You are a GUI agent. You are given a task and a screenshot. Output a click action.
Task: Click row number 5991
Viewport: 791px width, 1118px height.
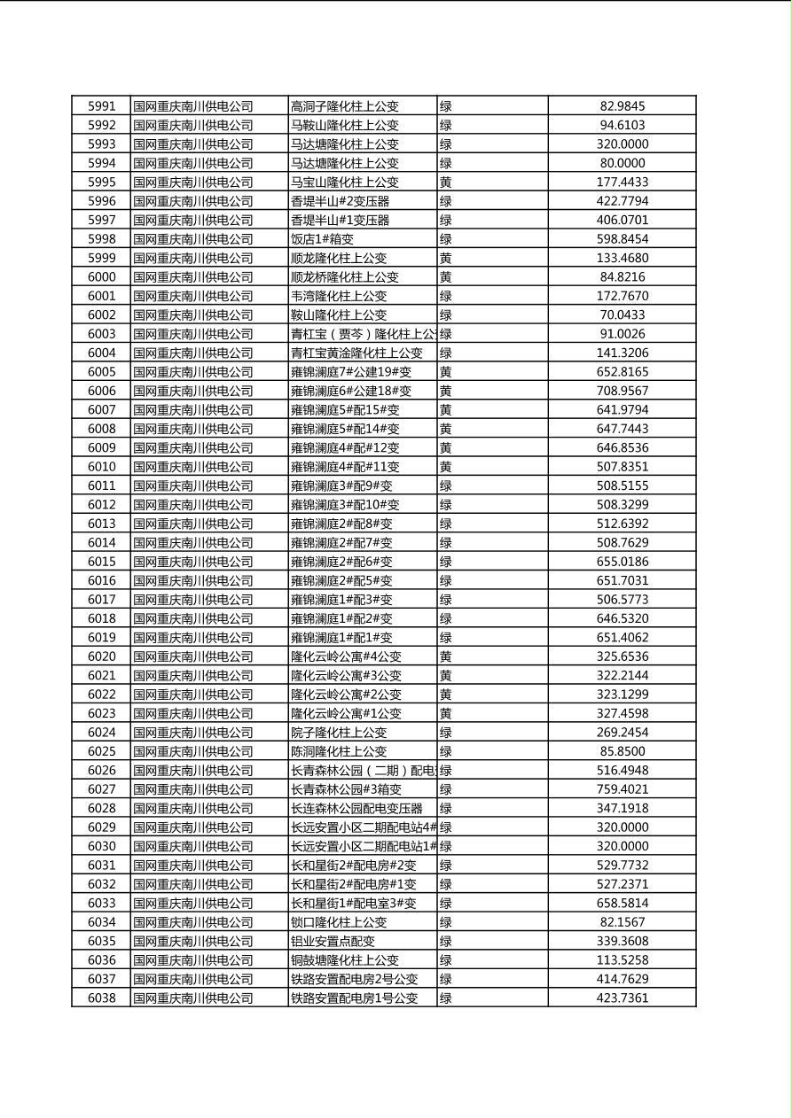click(101, 106)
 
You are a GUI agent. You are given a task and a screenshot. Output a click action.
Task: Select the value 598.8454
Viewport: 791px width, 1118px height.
click(623, 239)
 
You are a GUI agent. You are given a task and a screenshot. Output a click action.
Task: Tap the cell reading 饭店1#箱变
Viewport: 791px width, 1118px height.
click(328, 239)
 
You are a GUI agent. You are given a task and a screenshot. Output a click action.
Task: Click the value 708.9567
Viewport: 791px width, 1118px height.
click(623, 391)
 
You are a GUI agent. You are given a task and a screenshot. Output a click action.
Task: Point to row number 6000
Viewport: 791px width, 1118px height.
click(101, 277)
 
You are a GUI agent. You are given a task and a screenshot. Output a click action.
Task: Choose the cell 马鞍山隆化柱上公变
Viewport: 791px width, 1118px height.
click(345, 126)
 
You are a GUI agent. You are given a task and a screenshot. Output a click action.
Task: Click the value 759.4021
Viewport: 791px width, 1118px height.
click(623, 789)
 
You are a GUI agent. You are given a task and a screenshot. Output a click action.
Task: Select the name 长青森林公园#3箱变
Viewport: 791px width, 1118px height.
click(346, 789)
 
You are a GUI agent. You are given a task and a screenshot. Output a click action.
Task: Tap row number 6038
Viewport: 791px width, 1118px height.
click(101, 998)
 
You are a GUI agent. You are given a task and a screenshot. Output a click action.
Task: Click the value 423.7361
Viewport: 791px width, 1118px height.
click(623, 998)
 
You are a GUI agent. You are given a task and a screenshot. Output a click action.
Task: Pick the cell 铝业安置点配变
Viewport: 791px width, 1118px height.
click(333, 942)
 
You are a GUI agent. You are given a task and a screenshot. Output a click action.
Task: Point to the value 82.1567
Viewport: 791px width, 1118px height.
click(623, 922)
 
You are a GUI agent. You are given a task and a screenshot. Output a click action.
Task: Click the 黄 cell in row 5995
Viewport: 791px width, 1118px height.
click(446, 182)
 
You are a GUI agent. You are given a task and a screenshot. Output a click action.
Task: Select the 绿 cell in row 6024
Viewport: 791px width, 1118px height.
click(446, 733)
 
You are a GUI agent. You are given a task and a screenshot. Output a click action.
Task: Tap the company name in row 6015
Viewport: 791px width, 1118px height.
click(193, 562)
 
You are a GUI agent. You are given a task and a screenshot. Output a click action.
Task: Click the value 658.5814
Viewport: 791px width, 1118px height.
click(623, 904)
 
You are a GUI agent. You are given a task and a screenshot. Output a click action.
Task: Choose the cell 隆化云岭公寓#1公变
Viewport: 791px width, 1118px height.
click(346, 713)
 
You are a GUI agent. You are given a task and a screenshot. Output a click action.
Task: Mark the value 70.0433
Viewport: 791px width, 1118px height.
click(623, 315)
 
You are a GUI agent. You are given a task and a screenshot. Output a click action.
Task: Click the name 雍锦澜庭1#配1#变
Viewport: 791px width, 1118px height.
click(341, 638)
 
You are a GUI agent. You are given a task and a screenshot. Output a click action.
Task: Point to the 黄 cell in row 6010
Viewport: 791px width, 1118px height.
click(446, 467)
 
